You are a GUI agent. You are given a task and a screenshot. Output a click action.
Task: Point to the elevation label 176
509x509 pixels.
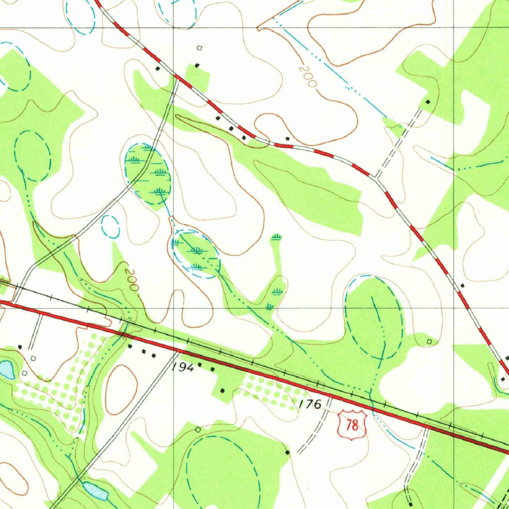(311, 404)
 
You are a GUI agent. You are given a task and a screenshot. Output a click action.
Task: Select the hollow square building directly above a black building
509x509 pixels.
(200, 48)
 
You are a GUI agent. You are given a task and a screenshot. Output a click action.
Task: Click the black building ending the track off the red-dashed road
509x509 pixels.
(428, 102)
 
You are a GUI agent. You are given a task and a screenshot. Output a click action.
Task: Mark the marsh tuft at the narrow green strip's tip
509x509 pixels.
(277, 236)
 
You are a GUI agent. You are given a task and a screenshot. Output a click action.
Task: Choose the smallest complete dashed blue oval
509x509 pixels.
(110, 227)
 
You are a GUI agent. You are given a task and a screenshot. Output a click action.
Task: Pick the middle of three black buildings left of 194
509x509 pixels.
(144, 351)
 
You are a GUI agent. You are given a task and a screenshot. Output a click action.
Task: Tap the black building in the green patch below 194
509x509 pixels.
(222, 390)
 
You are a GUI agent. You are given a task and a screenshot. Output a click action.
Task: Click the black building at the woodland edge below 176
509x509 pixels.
(287, 452)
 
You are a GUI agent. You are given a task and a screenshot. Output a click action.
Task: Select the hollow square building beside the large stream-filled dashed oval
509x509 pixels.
(430, 341)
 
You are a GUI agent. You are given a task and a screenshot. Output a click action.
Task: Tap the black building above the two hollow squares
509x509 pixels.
(20, 346)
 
